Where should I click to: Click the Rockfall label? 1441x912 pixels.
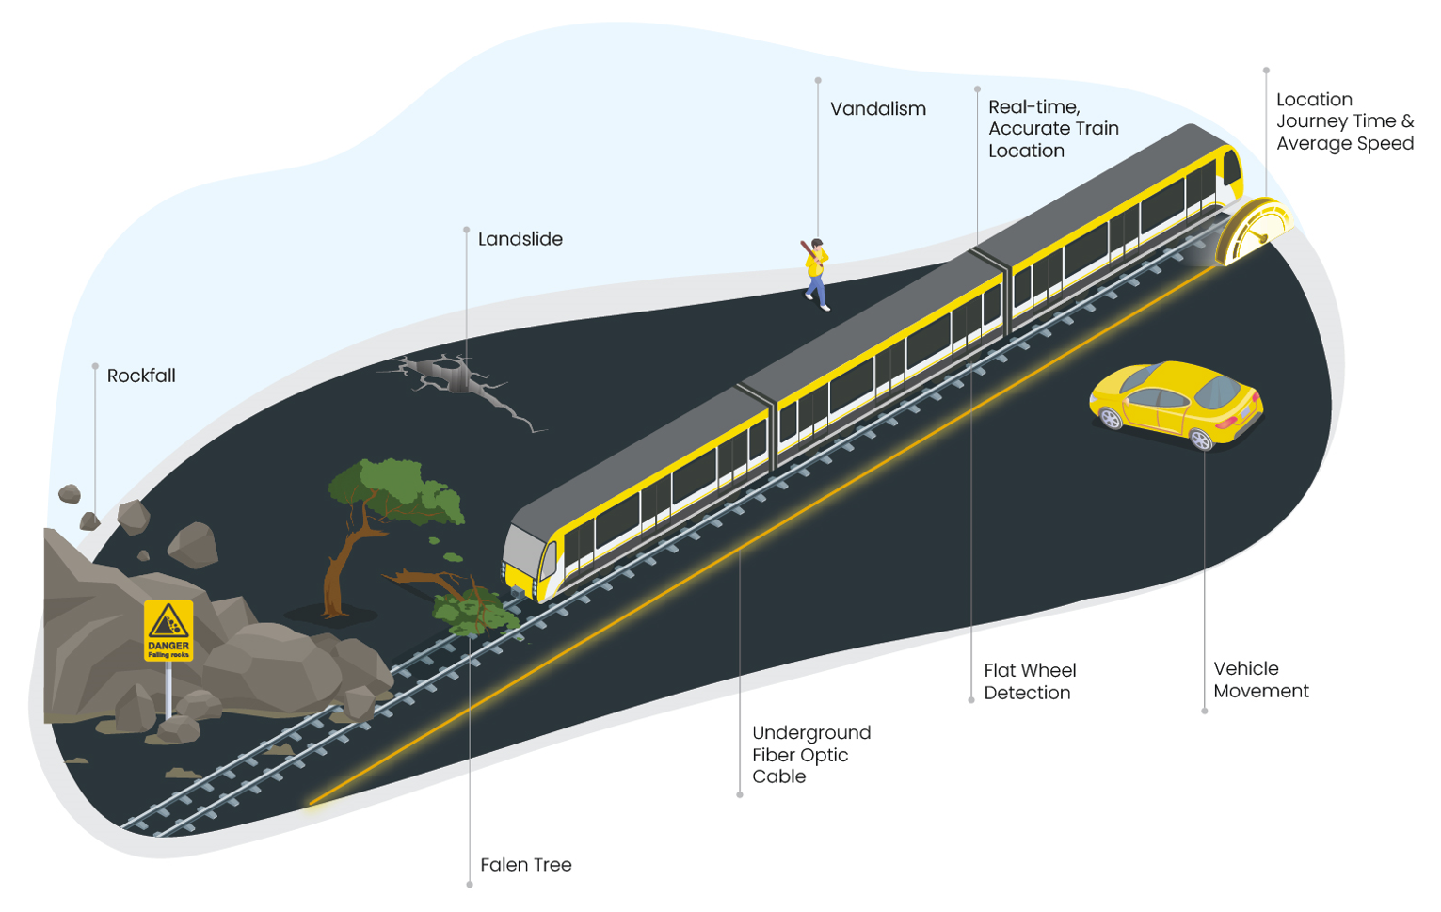pos(141,376)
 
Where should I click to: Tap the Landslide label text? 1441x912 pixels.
pos(520,239)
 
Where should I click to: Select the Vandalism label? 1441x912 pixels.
pos(877,109)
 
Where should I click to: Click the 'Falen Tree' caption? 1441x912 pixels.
pos(525,865)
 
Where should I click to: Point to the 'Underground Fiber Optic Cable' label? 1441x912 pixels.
pos(810,754)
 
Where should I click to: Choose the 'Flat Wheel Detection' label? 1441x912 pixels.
pos(1029,681)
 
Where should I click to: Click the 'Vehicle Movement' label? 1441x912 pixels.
pos(1260,680)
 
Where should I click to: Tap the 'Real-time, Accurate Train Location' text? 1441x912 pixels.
pos(1052,129)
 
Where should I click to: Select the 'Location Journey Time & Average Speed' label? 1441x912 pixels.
pos(1344,121)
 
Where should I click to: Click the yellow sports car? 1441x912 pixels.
pos(1176,403)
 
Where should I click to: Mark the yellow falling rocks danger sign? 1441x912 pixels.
pos(168,631)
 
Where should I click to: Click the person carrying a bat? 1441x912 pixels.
pos(816,272)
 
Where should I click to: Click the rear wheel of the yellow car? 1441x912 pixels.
pos(1200,439)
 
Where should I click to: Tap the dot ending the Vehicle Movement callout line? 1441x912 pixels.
pos(1204,711)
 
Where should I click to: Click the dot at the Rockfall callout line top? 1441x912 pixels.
pos(95,366)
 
